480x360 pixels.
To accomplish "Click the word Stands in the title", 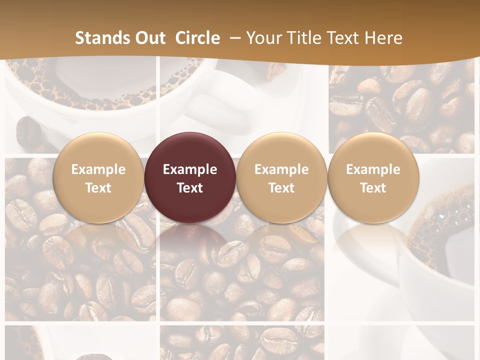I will [x=99, y=38].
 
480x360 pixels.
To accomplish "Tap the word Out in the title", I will [x=147, y=38].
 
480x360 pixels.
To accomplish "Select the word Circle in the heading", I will [x=197, y=38].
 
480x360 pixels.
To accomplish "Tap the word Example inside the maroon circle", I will [x=190, y=169].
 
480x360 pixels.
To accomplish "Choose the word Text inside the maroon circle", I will [x=190, y=188].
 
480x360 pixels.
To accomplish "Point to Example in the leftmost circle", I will [x=98, y=169].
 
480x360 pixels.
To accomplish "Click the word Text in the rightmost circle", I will [x=373, y=188].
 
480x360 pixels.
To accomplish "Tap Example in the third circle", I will [x=281, y=169].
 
